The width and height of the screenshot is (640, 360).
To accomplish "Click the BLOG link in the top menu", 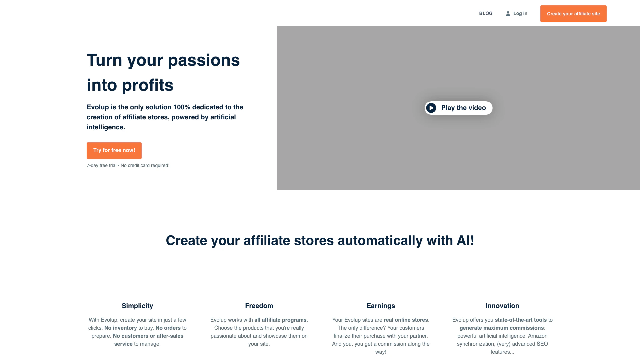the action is click(486, 14).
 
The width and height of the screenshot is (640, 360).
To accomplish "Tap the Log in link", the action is click(516, 14).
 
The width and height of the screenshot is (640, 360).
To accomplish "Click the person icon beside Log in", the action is click(508, 14).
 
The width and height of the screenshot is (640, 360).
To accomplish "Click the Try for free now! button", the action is click(114, 151).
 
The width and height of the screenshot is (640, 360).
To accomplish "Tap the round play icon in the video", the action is click(431, 108).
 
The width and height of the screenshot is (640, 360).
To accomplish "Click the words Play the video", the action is click(463, 108).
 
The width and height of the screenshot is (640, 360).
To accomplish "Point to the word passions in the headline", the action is click(204, 61).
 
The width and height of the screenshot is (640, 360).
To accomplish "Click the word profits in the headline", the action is click(148, 86).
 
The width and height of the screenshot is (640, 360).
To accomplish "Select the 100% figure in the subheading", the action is click(182, 107).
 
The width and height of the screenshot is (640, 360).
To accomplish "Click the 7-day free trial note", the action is click(128, 166).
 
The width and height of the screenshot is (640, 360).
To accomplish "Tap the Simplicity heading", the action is click(137, 306).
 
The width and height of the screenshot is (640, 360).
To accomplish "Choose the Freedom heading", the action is click(259, 306).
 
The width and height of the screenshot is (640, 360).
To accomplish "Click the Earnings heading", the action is click(381, 306).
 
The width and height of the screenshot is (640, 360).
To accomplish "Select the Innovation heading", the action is click(502, 306).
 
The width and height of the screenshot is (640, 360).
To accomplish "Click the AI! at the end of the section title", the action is click(465, 241).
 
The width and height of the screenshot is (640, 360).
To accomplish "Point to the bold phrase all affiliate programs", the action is click(280, 320).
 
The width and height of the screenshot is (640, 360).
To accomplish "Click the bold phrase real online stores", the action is click(406, 320).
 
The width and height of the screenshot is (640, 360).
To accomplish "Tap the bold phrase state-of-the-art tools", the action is click(521, 320).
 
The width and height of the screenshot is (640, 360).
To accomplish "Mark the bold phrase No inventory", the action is click(121, 328).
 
